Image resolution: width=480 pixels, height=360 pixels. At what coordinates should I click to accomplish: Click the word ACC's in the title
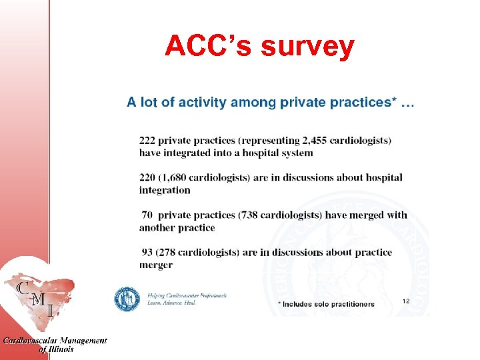coord(209,46)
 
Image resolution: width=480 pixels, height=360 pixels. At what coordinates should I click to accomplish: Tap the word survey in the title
coord(308,47)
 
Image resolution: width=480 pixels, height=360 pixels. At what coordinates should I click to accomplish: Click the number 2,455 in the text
coord(301,141)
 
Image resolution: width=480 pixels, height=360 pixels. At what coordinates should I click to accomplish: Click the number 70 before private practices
coord(147,215)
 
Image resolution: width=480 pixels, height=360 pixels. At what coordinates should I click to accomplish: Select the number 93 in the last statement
coord(148,253)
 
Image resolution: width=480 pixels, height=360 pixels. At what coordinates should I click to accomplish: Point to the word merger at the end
coord(155,265)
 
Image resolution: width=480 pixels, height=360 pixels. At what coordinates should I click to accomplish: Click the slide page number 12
coord(406,301)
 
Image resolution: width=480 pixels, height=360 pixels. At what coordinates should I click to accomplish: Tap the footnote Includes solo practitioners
coord(326,304)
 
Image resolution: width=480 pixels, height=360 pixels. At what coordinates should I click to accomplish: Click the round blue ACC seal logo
coord(127,299)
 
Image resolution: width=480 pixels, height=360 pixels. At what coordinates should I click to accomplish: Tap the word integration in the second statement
coord(165,190)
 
